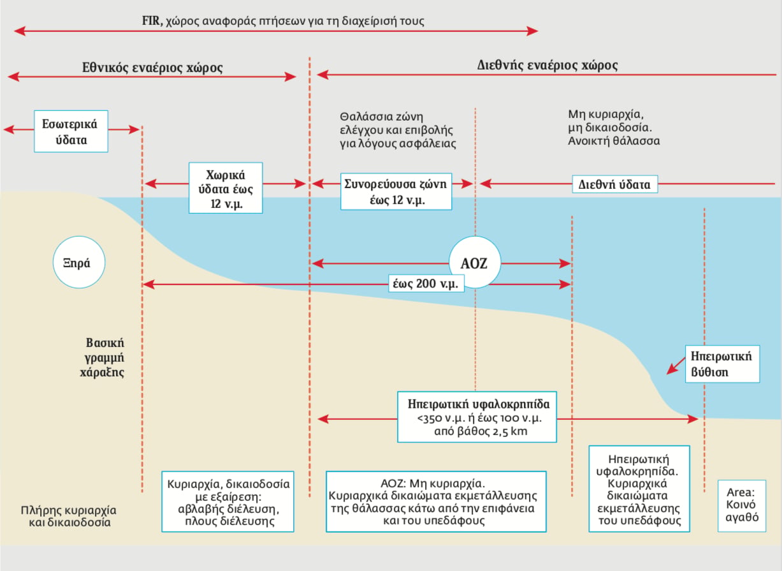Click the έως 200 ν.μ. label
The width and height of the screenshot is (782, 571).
[x=426, y=283]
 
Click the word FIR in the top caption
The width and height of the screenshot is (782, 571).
[x=152, y=21]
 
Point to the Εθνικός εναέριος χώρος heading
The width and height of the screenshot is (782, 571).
[x=152, y=68]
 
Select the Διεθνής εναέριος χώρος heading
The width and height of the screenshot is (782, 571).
[x=547, y=65]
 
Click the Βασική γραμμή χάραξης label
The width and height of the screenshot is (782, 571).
[x=102, y=357]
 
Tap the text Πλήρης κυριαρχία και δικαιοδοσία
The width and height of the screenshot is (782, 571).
[x=69, y=516]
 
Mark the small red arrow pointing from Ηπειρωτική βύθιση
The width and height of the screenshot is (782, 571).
[x=676, y=366]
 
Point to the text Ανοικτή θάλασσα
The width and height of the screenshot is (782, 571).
[x=614, y=141]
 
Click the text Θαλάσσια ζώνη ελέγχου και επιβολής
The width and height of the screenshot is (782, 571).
[x=396, y=123]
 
